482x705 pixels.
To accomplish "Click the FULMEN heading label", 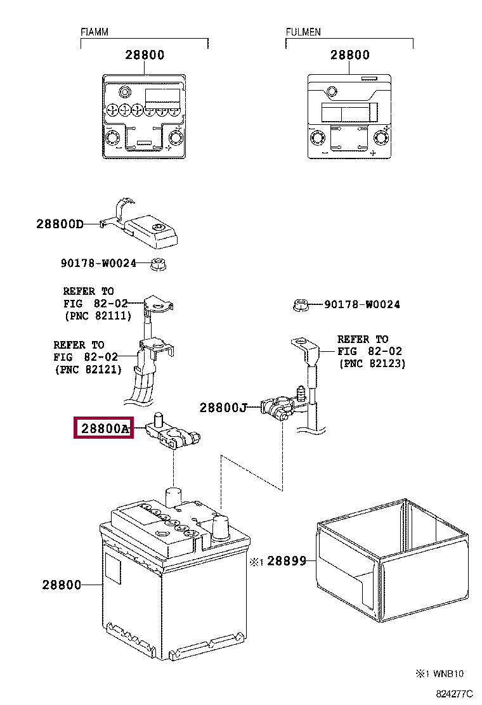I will click(x=303, y=32).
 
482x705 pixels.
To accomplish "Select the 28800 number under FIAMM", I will click(x=145, y=55).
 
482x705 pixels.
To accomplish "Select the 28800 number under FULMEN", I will click(x=349, y=55).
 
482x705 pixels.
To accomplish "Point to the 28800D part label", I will click(x=60, y=224).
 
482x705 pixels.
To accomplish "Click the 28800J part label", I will click(x=223, y=408).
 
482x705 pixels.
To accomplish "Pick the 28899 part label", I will click(x=286, y=561).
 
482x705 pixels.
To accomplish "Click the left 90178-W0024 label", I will click(x=98, y=263).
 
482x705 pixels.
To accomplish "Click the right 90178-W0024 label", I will click(x=362, y=304).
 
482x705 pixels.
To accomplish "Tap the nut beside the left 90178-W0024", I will click(x=158, y=264).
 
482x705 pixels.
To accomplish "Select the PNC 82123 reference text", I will click(x=372, y=363).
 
